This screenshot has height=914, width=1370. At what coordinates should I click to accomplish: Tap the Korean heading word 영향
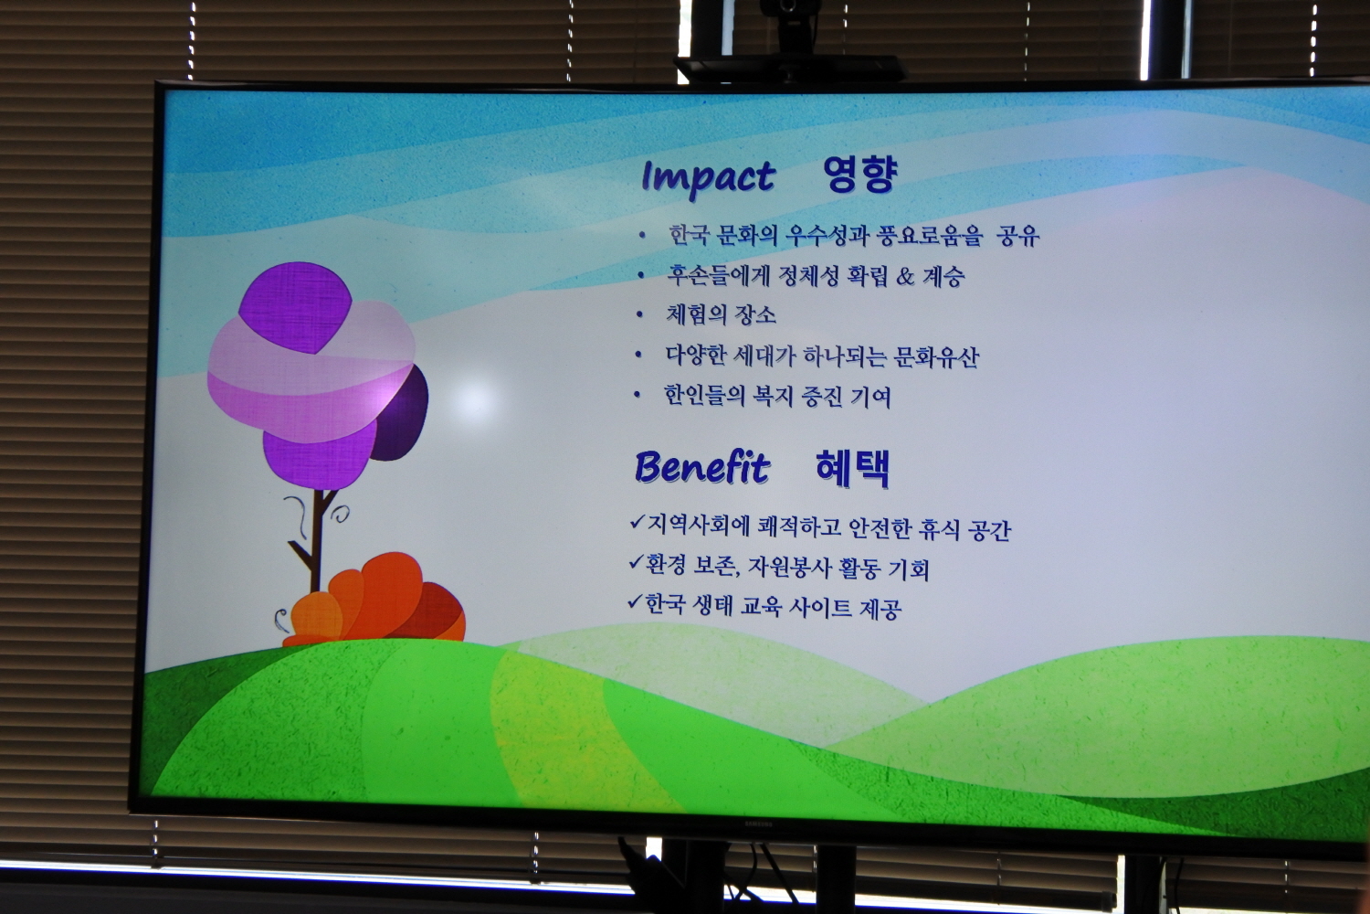click(860, 175)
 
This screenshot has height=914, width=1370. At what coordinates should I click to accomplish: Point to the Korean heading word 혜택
click(852, 469)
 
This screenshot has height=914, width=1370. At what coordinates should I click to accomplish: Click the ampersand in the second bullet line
click(904, 277)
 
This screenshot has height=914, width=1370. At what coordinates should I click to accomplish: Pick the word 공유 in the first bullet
click(1017, 236)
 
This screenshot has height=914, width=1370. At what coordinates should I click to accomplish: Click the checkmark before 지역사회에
click(638, 522)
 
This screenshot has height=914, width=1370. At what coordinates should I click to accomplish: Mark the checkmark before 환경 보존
click(636, 561)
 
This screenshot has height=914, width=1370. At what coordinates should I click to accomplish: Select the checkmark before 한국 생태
click(635, 601)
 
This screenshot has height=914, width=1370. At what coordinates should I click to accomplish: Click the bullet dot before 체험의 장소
click(639, 315)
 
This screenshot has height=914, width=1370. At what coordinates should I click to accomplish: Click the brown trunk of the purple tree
click(316, 538)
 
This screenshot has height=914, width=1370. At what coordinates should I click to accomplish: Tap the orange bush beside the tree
click(374, 600)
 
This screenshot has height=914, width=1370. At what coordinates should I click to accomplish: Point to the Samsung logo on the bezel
click(758, 824)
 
